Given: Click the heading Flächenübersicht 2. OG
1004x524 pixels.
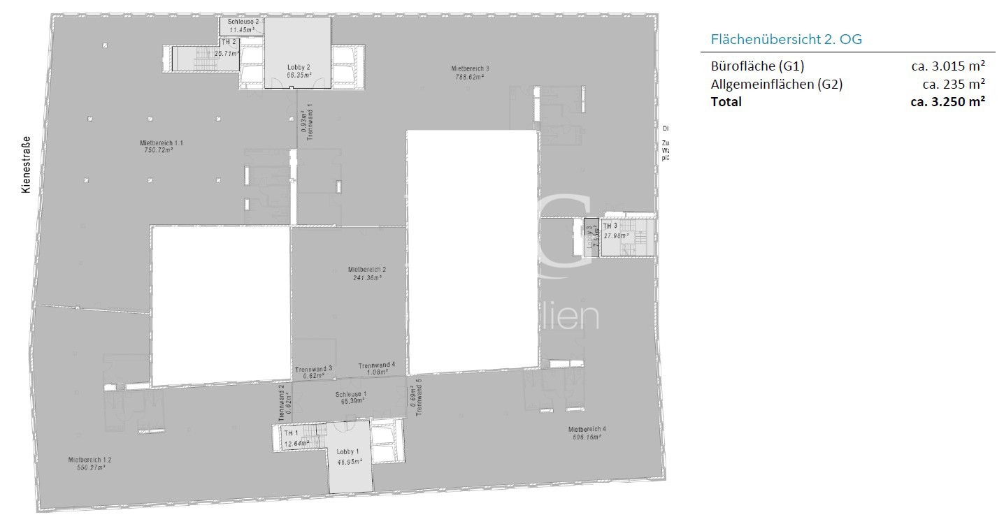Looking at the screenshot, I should click(786, 39).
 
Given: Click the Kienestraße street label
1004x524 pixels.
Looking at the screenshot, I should click(27, 164).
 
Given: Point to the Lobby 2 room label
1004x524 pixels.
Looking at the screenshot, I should click(299, 66).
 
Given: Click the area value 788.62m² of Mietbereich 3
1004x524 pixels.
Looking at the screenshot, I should click(469, 77).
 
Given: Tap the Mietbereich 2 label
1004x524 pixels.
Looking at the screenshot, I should click(367, 269).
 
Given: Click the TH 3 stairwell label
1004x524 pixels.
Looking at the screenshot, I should click(610, 226).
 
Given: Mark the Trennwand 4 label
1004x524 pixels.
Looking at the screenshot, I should click(377, 365).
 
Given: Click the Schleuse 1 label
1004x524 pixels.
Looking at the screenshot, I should click(351, 394).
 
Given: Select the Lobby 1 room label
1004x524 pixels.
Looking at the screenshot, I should click(347, 451).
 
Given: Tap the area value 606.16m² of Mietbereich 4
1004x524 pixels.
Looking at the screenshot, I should click(586, 437).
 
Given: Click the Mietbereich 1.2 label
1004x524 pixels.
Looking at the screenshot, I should click(90, 460).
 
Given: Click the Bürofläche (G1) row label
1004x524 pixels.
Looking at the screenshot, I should click(757, 66).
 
